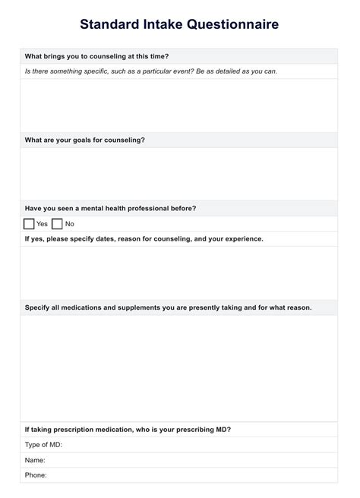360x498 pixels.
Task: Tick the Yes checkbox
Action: click(29, 224)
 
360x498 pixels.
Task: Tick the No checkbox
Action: click(57, 224)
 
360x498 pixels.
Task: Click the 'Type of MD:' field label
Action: click(43, 445)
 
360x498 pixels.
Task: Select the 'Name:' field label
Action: click(35, 460)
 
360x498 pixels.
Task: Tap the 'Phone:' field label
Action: click(36, 475)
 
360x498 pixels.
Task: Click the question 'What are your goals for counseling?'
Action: click(84, 140)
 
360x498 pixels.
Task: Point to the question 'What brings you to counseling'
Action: click(96, 56)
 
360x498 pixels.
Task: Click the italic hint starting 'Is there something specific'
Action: click(150, 71)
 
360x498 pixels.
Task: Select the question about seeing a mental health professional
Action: click(110, 208)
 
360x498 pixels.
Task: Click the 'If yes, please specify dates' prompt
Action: click(144, 238)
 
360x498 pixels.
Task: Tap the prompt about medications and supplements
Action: click(168, 307)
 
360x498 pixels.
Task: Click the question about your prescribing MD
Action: click(128, 429)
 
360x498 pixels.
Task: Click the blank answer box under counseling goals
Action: click(179, 174)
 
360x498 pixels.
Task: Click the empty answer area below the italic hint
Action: click(179, 106)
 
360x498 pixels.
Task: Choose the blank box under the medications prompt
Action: click(179, 367)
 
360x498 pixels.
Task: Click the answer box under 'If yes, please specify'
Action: click(179, 273)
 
